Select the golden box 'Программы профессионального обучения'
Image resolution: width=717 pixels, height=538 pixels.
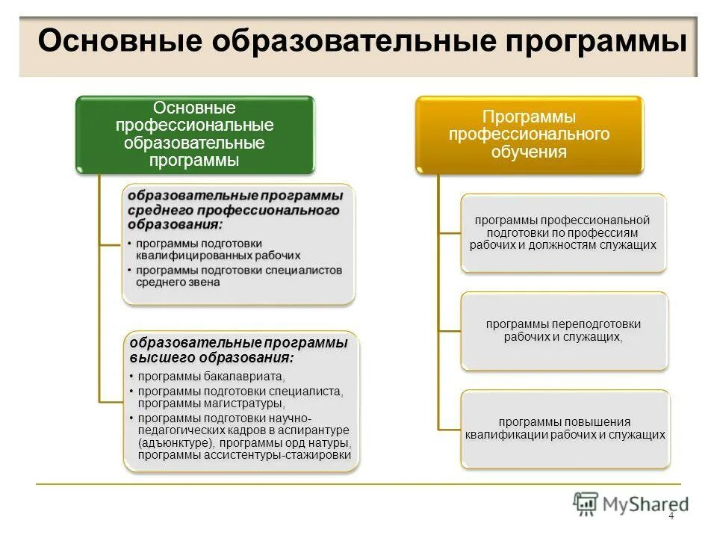pyautogui.click(x=530, y=134)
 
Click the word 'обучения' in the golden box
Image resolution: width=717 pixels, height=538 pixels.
pyautogui.click(x=529, y=152)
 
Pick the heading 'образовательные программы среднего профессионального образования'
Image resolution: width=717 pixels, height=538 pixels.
pyautogui.click(x=235, y=209)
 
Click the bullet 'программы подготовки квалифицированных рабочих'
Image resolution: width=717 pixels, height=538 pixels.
pyautogui.click(x=217, y=249)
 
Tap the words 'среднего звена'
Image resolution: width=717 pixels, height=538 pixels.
pyautogui.click(x=178, y=282)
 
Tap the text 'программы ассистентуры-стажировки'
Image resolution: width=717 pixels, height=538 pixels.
pyautogui.click(x=245, y=455)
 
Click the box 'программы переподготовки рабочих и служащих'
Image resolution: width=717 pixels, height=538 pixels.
pyautogui.click(x=564, y=330)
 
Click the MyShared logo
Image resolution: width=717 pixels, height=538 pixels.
pyautogui.click(x=631, y=504)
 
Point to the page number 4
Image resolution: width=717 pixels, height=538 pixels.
pyautogui.click(x=671, y=516)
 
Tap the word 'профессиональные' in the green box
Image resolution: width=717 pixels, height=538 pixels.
pyautogui.click(x=195, y=124)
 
